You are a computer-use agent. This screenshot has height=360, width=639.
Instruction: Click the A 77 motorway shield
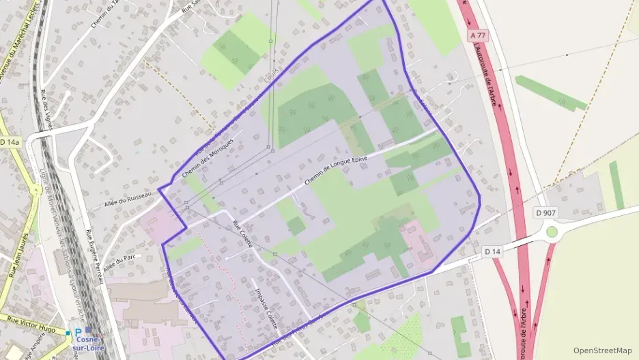[479, 33]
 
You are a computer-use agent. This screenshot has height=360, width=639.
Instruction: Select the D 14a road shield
[10, 142]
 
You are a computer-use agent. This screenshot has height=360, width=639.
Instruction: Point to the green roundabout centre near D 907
[552, 232]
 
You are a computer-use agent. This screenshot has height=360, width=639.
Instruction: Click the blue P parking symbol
[78, 332]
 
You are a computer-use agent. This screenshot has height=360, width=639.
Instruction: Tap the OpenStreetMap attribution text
[602, 350]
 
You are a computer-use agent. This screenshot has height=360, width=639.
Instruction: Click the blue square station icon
[89, 330]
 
